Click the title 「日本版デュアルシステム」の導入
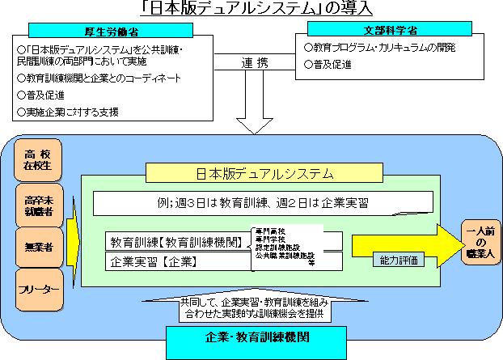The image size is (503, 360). [x=251, y=10]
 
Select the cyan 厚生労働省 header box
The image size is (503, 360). [x=111, y=30]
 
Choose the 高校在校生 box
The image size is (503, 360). [x=37, y=160]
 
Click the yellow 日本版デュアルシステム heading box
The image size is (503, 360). [x=264, y=173]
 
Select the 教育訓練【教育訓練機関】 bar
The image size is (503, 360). [x=178, y=241]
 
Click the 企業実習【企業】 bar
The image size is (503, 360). [x=178, y=261]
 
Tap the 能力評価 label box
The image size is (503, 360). [x=396, y=260]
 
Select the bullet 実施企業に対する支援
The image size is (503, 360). [x=73, y=111]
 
